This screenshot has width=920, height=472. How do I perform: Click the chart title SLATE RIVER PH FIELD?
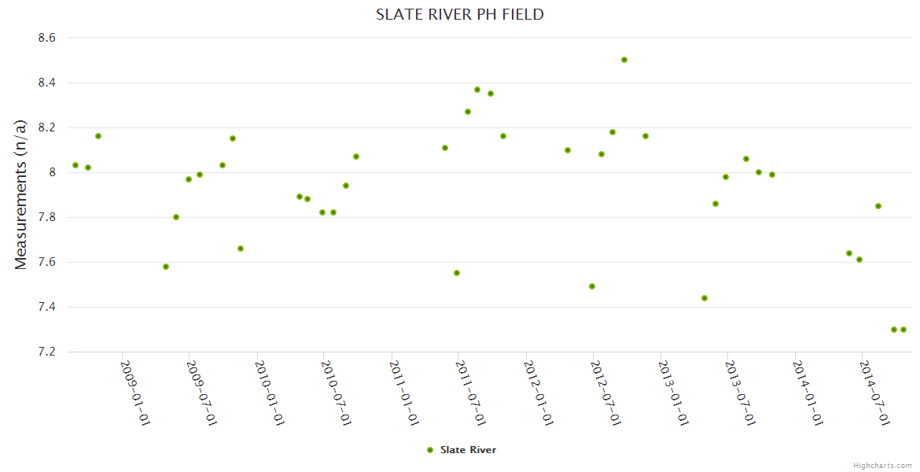click(459, 14)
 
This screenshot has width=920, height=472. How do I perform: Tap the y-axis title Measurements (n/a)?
click(21, 194)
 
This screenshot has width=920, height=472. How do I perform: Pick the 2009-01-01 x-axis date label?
click(134, 393)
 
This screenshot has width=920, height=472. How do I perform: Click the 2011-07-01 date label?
click(471, 393)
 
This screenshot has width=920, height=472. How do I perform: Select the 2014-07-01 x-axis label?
click(874, 393)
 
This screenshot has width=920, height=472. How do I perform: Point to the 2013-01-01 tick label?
click(673, 393)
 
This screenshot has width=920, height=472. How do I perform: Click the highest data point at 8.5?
click(624, 60)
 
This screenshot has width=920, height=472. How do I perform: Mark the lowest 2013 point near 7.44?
click(705, 298)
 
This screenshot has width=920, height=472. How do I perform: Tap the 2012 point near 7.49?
click(592, 286)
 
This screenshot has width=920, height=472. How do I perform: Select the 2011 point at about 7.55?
click(457, 273)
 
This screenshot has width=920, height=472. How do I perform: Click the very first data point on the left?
click(75, 165)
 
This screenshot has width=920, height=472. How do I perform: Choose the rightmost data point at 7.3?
click(903, 330)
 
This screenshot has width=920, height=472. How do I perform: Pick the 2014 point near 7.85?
click(878, 206)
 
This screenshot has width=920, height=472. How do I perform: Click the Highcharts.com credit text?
click(882, 465)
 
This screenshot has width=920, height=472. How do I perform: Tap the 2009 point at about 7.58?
click(166, 267)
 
